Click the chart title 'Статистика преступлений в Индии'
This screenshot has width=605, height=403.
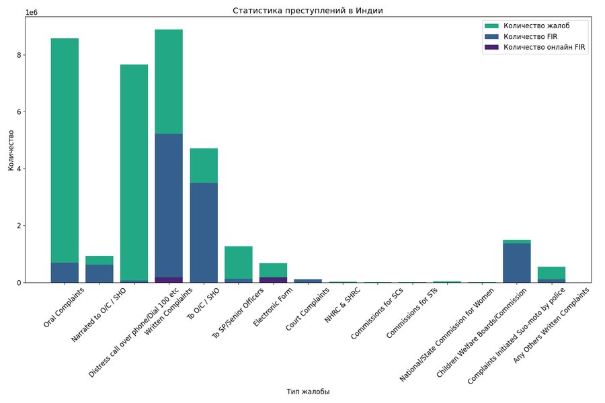(x=308, y=11)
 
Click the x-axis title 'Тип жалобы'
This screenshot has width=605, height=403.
(x=308, y=392)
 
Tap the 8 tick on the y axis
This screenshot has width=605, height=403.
(x=21, y=55)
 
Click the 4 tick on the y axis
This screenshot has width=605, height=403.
(x=21, y=169)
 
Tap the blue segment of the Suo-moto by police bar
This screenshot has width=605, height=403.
(x=517, y=263)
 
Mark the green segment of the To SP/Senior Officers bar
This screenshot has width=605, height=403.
(x=238, y=262)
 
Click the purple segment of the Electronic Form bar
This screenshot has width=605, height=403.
(x=273, y=279)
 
